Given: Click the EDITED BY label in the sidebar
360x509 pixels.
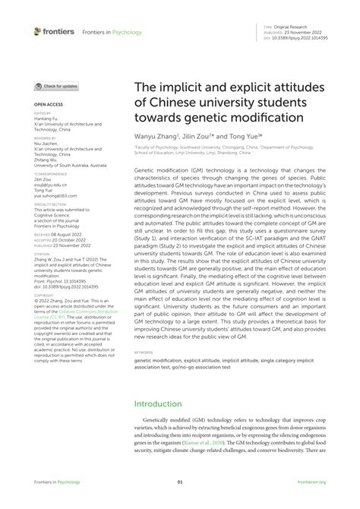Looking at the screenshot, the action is [43, 112].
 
